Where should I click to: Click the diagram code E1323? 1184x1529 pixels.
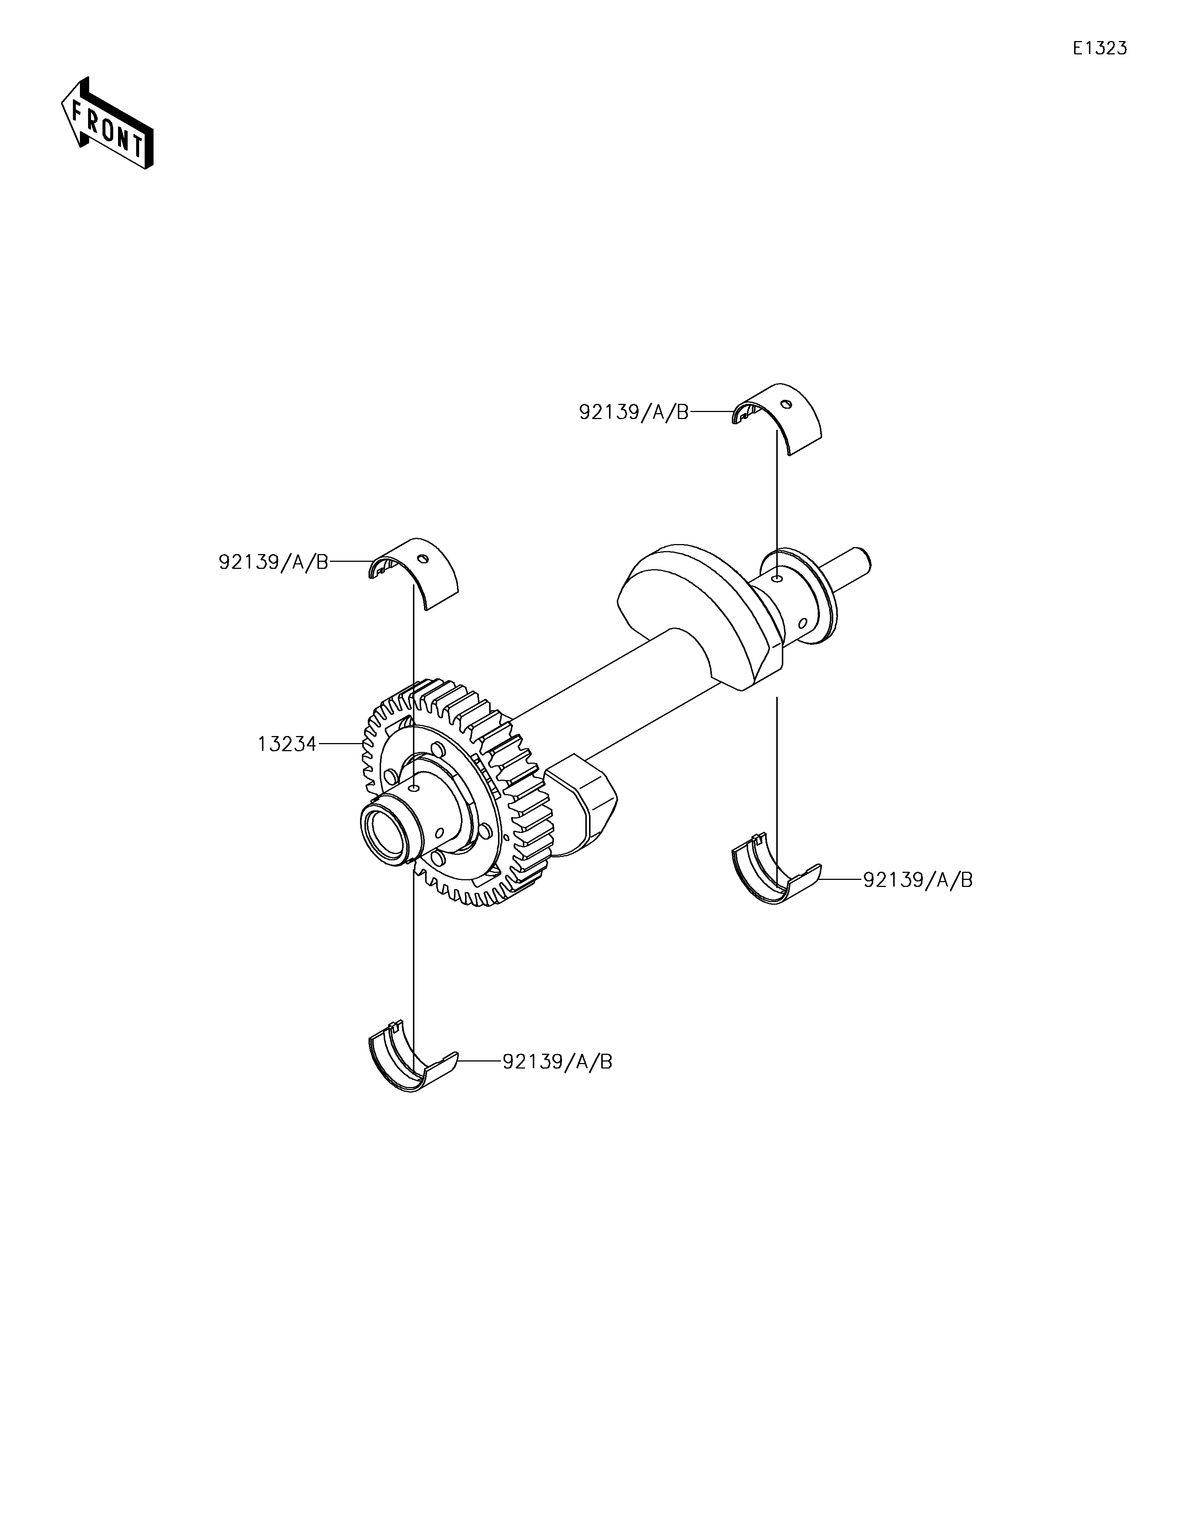pos(1100,48)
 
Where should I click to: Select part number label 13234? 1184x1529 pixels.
pos(286,744)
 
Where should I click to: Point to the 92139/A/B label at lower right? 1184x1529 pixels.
pos(917,880)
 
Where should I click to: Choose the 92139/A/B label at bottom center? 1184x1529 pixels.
pos(557,1062)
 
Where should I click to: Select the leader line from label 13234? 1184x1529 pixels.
pos(340,744)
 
